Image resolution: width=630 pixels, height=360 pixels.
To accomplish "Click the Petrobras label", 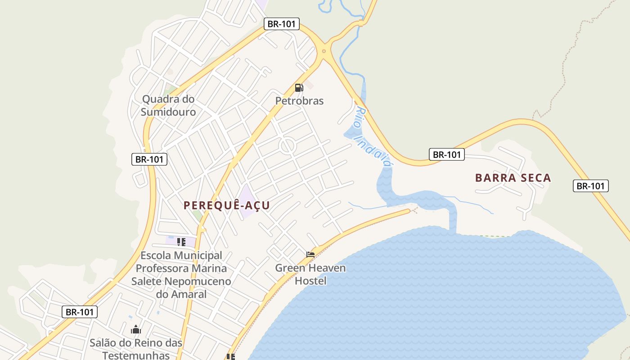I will pos(299,101).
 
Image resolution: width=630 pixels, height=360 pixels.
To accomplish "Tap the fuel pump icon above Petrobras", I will pos(299,87).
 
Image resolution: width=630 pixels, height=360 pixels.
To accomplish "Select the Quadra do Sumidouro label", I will pos(168,105).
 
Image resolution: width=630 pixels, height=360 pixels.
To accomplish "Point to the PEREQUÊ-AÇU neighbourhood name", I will pos(227,205).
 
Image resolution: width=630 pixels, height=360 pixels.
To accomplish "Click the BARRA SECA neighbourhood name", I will pos(513,178).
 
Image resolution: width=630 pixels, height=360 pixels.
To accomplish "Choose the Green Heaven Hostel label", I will pos(310,274).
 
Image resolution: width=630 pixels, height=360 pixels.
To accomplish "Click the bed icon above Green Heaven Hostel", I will pos(310,254).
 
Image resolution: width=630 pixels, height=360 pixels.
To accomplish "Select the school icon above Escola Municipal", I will pos(181,242).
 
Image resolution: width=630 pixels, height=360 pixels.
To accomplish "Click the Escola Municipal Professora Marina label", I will pos(181,269).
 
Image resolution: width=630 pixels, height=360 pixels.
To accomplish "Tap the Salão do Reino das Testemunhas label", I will pos(136,349).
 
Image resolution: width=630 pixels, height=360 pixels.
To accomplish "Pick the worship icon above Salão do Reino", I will pos(136,330).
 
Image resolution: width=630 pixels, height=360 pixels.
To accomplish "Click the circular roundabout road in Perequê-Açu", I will pos(287,146).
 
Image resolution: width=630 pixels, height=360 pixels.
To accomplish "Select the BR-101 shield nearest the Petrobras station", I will pos(281,24).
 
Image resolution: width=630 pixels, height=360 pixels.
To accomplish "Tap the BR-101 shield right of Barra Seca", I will pos(590,186).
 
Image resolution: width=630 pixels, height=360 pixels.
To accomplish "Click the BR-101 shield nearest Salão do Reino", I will pos(79,312).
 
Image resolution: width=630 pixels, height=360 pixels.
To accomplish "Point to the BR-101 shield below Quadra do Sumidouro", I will pos(149,159).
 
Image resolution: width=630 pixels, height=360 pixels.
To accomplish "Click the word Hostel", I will pos(310,281).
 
